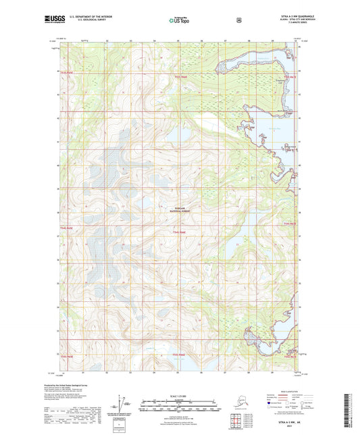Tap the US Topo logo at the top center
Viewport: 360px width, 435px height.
179,21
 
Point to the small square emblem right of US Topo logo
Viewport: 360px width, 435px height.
238,20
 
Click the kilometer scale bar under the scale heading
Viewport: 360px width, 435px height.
179,407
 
